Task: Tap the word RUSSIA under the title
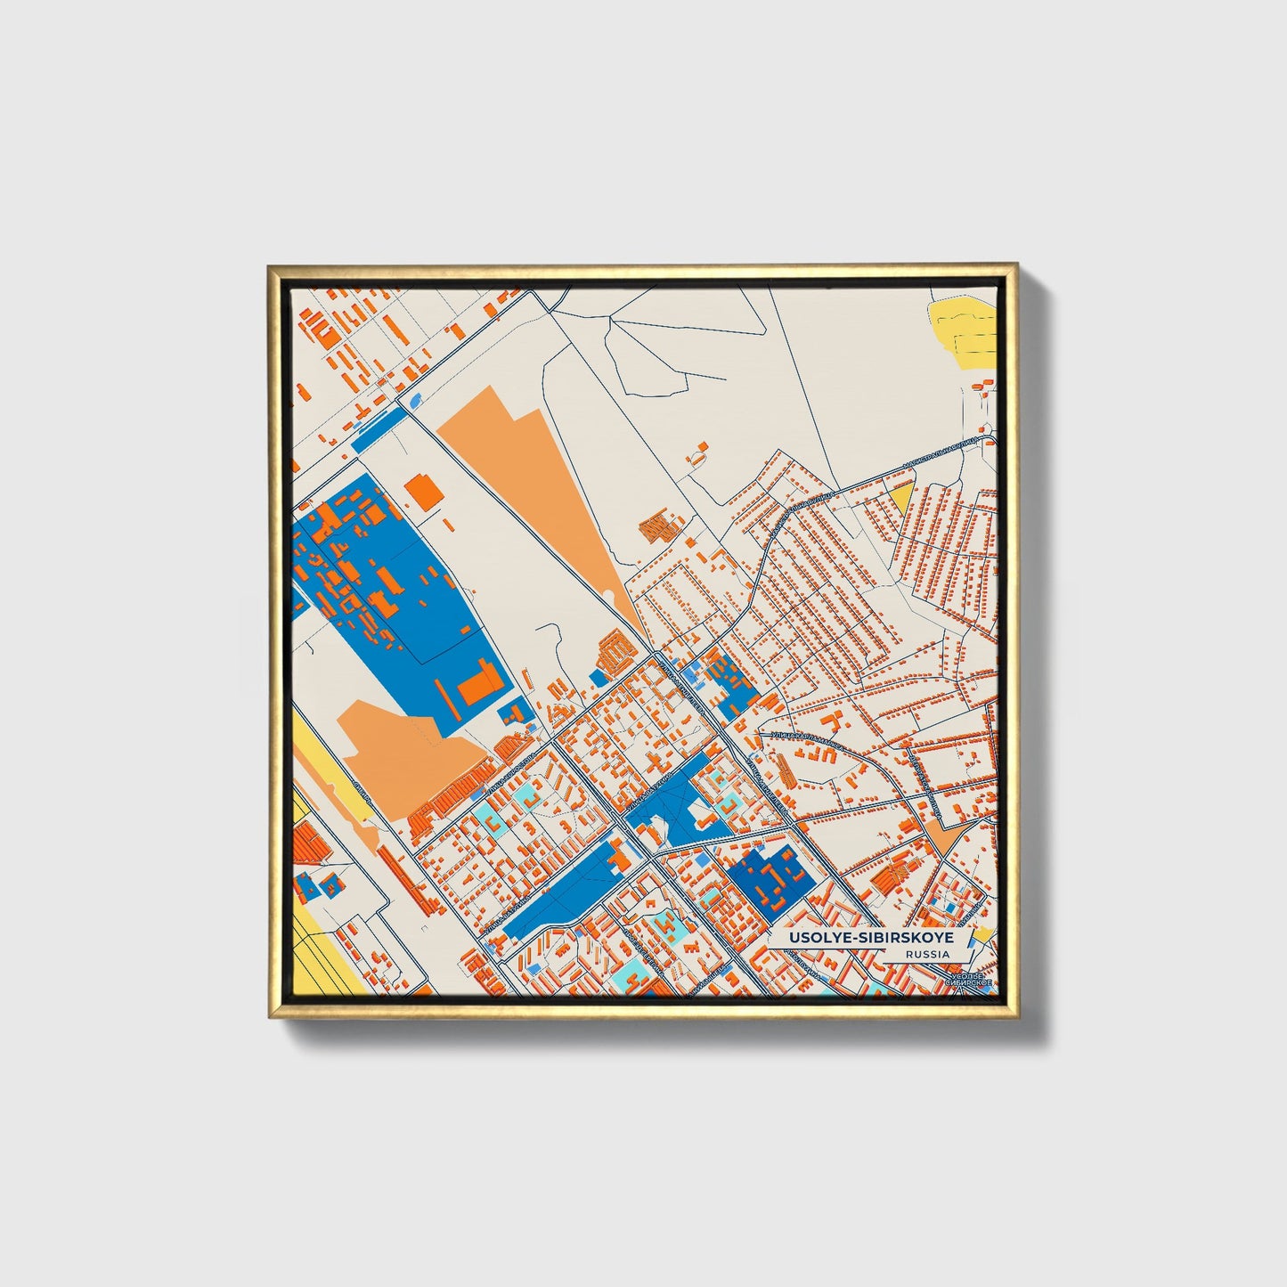(926, 954)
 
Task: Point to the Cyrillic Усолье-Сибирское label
(967, 982)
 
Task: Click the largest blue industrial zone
(401, 597)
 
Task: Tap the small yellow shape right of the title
(982, 934)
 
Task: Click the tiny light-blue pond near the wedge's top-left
(415, 400)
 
